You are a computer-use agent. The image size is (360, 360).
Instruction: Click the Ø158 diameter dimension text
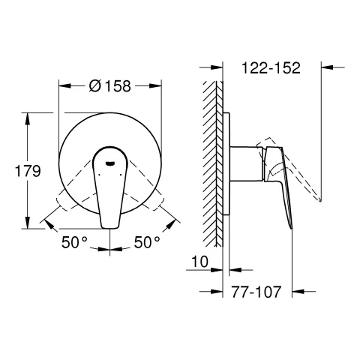pyautogui.click(x=110, y=85)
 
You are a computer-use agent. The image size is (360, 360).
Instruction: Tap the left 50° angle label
pyautogui.click(x=75, y=242)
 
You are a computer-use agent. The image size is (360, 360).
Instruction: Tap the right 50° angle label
pyautogui.click(x=147, y=242)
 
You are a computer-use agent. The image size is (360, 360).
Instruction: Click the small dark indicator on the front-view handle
pyautogui.click(x=110, y=158)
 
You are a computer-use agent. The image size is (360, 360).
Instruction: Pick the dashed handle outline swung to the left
pyautogui.click(x=71, y=199)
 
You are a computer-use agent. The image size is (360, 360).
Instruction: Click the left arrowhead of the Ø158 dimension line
pyautogui.click(x=62, y=85)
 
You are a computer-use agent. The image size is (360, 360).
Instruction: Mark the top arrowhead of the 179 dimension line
pyautogui.click(x=28, y=116)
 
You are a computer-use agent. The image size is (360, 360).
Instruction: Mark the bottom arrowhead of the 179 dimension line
pyautogui.click(x=28, y=226)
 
